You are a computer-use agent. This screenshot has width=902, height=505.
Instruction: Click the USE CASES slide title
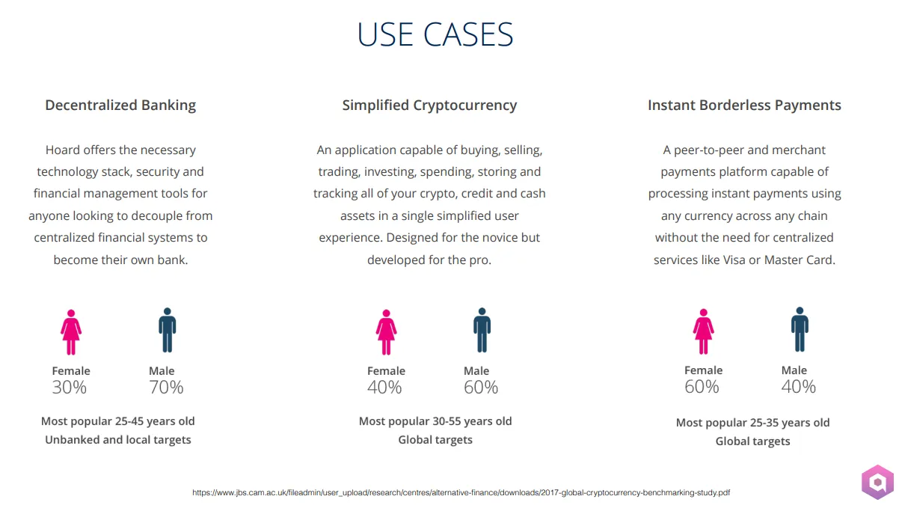tap(435, 34)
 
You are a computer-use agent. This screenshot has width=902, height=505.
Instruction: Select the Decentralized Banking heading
tap(120, 105)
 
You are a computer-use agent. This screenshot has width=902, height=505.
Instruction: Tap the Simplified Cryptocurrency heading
tap(429, 105)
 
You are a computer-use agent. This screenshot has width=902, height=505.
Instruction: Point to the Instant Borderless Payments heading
tap(744, 105)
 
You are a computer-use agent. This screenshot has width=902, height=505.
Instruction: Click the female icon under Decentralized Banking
tap(71, 332)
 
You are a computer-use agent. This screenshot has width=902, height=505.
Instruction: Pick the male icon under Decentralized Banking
tap(167, 330)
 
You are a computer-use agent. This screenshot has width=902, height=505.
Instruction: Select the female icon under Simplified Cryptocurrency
tap(386, 332)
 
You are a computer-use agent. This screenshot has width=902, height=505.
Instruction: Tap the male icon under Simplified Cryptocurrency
tap(482, 330)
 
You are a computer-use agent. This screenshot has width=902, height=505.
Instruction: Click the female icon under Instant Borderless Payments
tap(704, 331)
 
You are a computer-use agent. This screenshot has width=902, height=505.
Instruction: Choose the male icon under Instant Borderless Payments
tap(800, 329)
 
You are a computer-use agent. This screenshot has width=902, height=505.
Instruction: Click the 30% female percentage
tap(70, 388)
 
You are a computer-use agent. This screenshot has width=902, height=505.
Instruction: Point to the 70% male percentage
tap(166, 388)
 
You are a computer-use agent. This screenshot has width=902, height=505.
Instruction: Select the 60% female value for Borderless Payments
tap(702, 387)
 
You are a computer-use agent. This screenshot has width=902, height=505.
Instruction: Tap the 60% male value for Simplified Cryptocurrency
tap(481, 388)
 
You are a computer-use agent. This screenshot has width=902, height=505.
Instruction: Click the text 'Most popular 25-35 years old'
tap(752, 423)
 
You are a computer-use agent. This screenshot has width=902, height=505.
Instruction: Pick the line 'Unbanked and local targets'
tap(118, 440)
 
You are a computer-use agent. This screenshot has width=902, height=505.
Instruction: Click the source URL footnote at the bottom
tap(461, 492)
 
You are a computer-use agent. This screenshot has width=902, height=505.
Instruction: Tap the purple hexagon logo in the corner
tap(878, 482)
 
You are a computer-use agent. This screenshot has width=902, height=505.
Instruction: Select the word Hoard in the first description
tap(62, 150)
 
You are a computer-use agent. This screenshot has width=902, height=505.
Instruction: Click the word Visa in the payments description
tap(734, 260)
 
